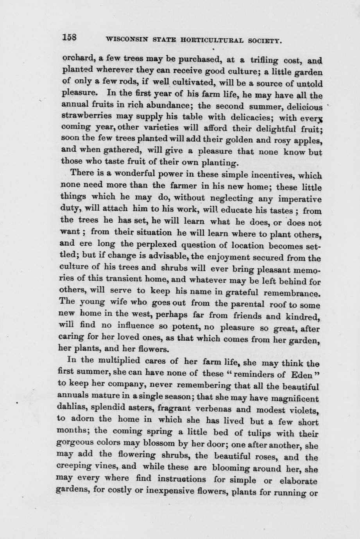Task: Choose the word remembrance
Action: coord(293,292)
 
